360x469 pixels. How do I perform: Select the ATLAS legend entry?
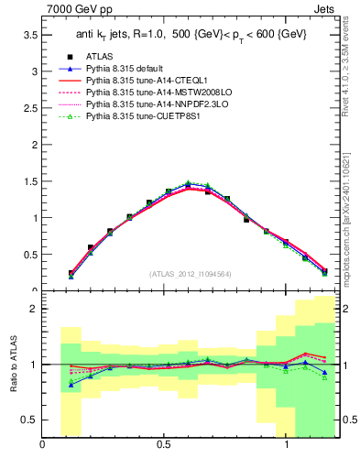[102, 57]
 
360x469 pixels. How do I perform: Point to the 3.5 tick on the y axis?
[29, 34]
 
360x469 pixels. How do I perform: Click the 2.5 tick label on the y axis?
[29, 107]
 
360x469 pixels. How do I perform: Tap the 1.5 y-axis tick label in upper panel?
[29, 181]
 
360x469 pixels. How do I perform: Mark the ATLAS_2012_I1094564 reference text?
[191, 274]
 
